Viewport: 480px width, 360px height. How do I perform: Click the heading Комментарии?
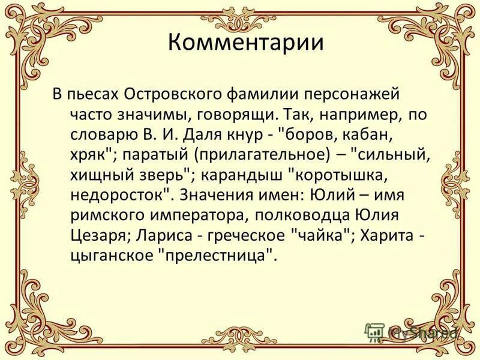[x=245, y=44]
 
